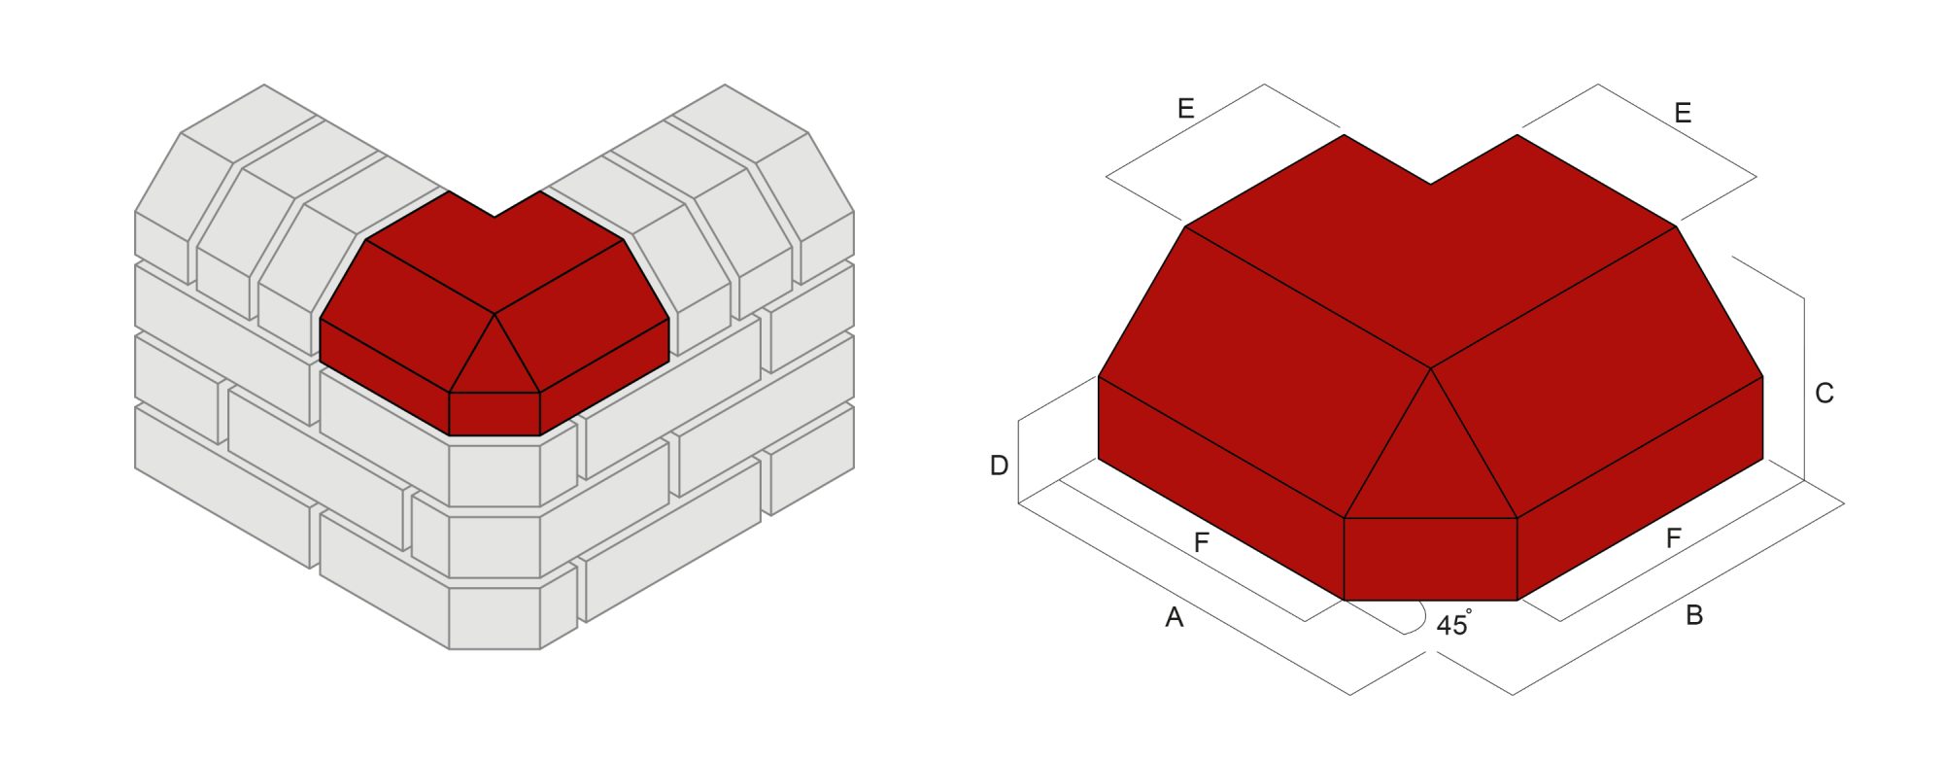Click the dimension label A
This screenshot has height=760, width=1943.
click(x=1174, y=618)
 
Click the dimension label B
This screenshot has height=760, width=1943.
click(x=1694, y=615)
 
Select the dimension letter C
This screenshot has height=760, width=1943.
click(x=1824, y=394)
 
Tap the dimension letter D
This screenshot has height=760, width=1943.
click(x=999, y=466)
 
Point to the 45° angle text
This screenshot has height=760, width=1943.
click(x=1453, y=625)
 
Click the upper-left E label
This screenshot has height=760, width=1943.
click(x=1185, y=109)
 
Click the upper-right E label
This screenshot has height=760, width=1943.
click(x=1683, y=114)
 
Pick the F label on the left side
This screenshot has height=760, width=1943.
click(x=1201, y=543)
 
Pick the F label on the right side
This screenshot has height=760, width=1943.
click(x=1673, y=538)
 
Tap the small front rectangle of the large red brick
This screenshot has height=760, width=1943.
click(x=1430, y=559)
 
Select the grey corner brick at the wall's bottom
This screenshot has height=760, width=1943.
click(x=494, y=617)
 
